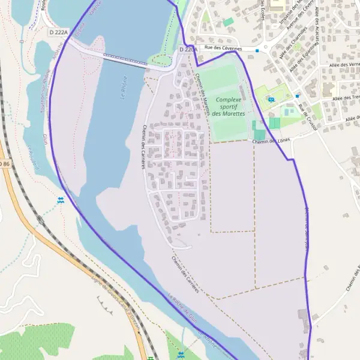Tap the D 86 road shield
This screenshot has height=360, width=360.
5,163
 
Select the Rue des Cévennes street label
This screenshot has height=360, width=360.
223,47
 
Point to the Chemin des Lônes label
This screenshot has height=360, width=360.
271,141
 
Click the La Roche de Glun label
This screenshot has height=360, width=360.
182,307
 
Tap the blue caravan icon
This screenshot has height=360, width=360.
271,100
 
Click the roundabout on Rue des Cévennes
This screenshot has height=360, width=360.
264,48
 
